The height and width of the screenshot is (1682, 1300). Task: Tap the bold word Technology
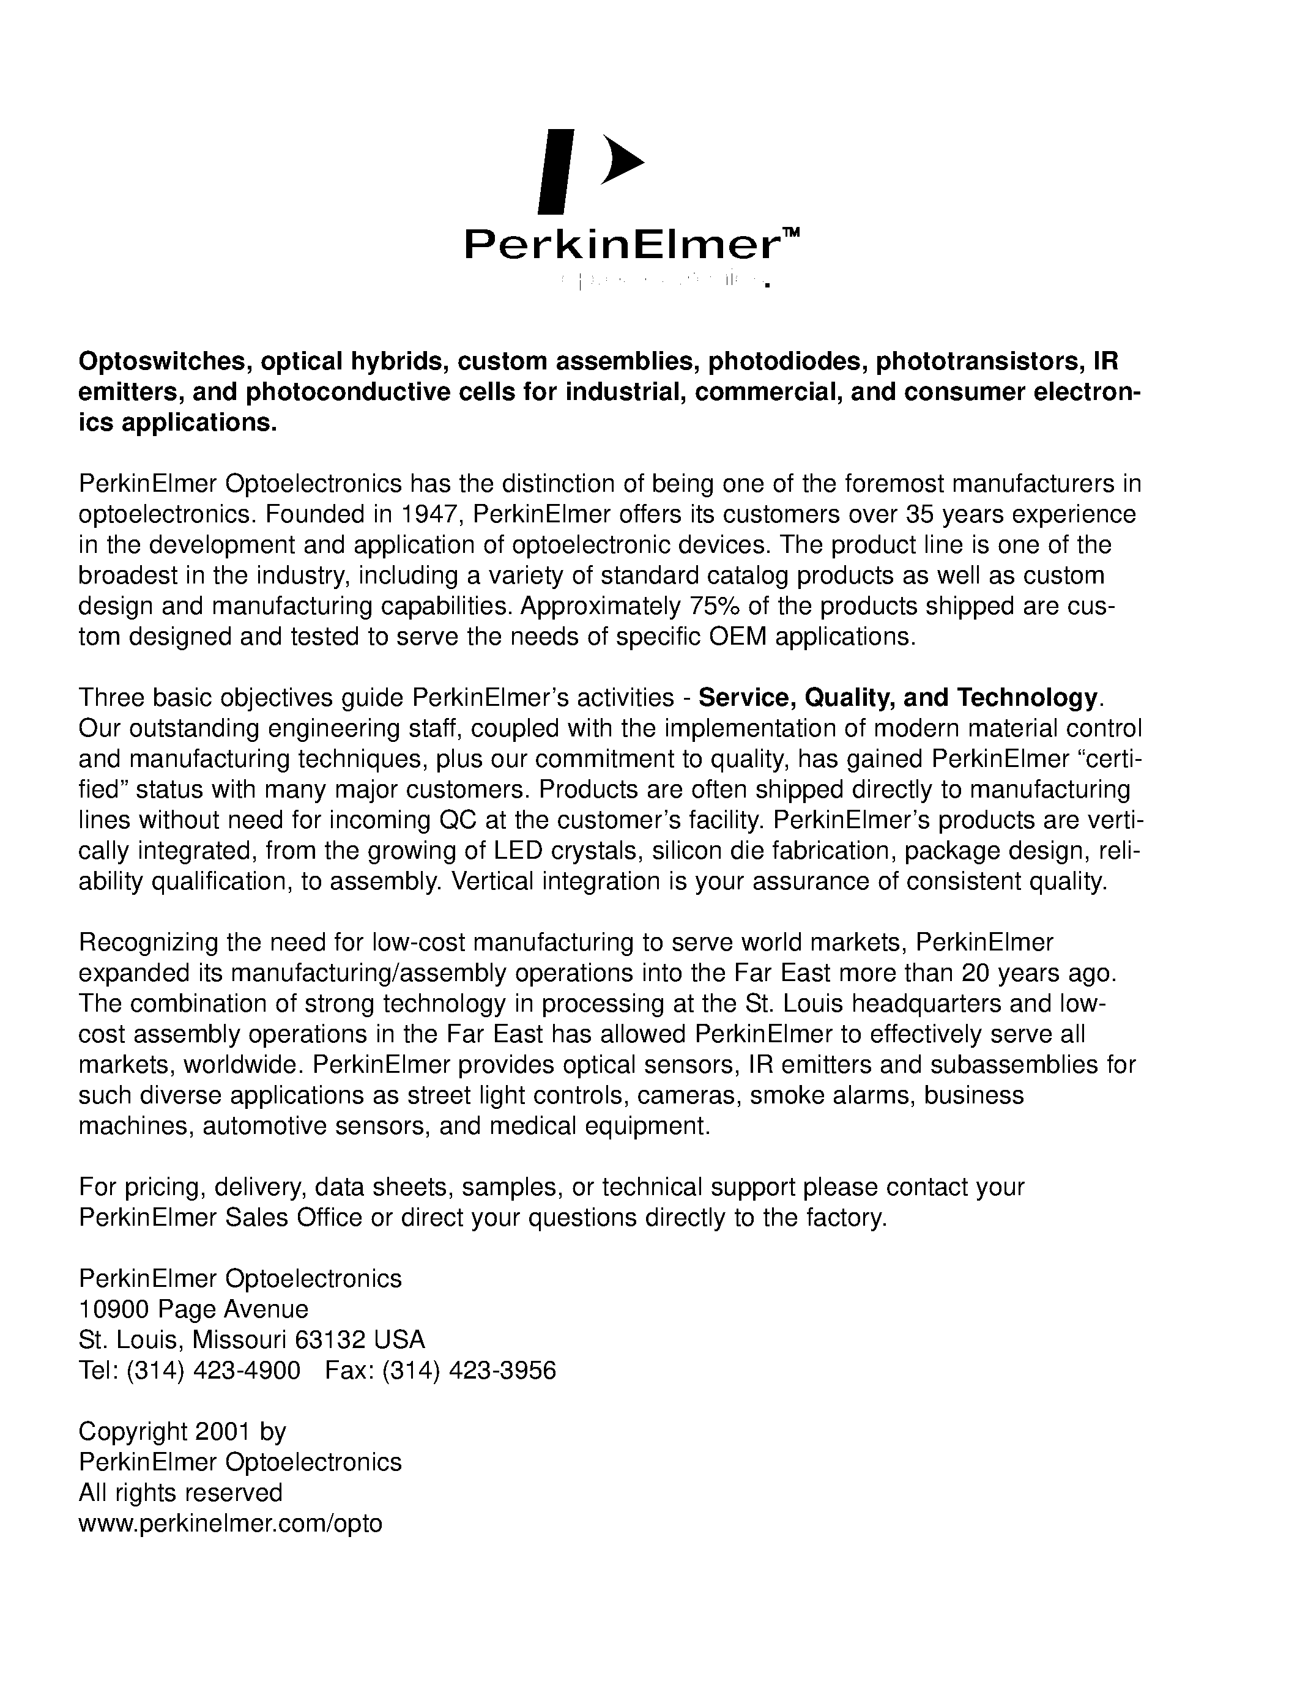pyautogui.click(x=1027, y=698)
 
